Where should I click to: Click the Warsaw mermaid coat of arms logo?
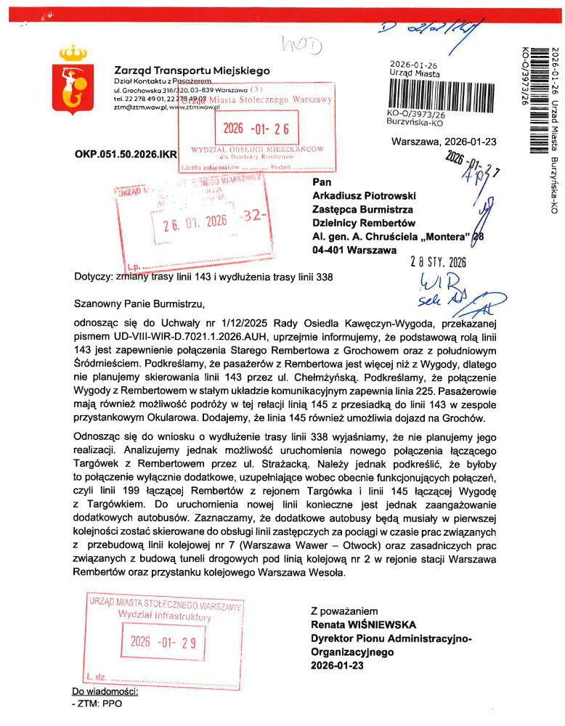[x=70, y=76]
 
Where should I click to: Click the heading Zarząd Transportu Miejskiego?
[x=192, y=70]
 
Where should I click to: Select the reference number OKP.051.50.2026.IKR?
[x=126, y=155]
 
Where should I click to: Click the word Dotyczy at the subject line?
[x=94, y=277]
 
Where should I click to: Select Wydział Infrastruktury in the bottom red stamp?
[x=164, y=616]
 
